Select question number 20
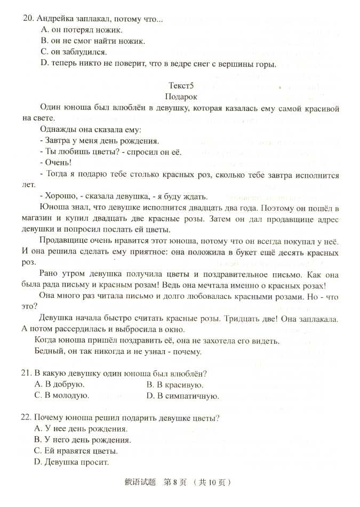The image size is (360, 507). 28,19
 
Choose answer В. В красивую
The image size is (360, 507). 174,384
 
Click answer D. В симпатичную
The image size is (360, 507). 182,395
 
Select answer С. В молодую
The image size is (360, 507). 61,395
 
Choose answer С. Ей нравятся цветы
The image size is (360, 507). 76,451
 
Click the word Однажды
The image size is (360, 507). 58,130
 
